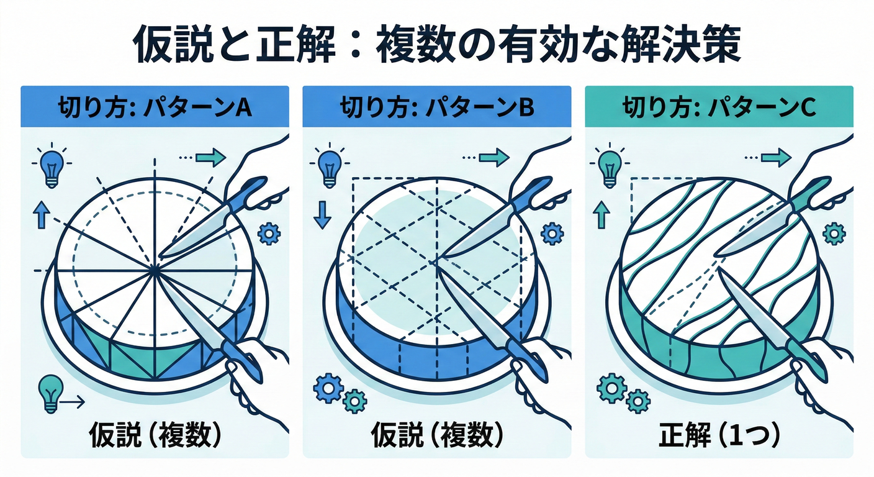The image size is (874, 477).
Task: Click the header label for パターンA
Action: [x=155, y=107]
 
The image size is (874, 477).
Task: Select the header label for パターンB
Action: [x=437, y=107]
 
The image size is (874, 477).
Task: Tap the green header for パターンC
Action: [x=719, y=107]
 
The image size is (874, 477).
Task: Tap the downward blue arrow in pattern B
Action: [x=322, y=214]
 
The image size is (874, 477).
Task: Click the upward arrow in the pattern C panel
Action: [x=601, y=214]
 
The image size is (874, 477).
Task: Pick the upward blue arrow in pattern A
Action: [x=41, y=214]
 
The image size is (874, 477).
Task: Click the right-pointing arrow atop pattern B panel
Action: [x=494, y=158]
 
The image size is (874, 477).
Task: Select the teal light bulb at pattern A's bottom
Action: [x=51, y=393]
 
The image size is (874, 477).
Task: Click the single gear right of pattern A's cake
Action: [x=269, y=234]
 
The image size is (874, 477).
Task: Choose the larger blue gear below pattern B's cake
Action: [x=328, y=388]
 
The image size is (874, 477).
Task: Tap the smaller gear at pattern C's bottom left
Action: [x=638, y=401]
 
